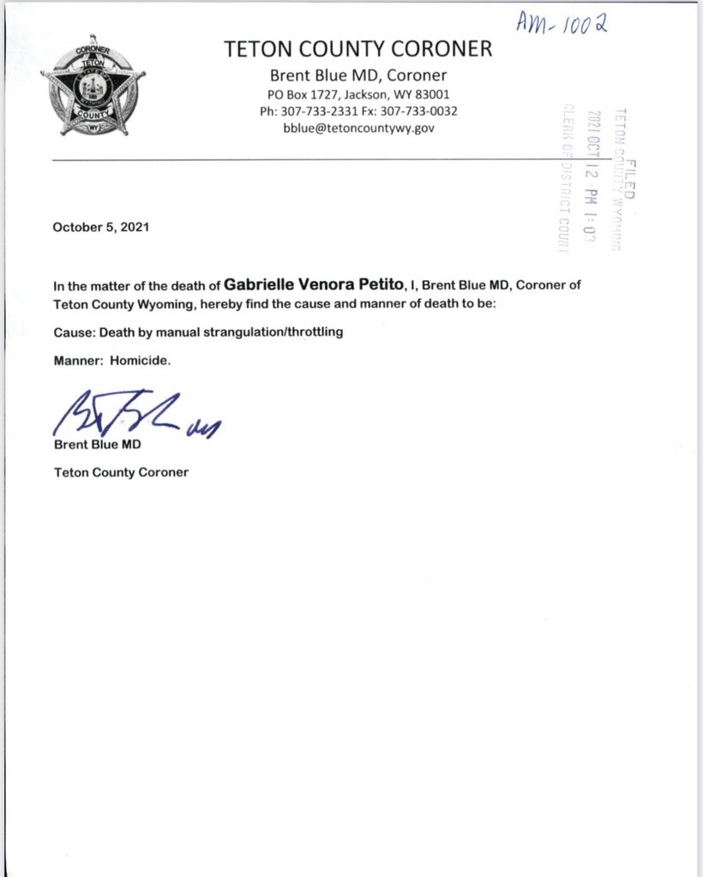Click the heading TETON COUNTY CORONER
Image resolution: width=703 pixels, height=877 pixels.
click(358, 50)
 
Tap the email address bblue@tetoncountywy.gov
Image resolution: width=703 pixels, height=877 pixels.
click(358, 128)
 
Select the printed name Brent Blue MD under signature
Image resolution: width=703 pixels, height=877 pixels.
click(97, 445)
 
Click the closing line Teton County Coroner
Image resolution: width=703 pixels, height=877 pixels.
click(121, 472)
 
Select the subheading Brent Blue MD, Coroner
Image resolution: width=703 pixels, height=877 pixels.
click(358, 75)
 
